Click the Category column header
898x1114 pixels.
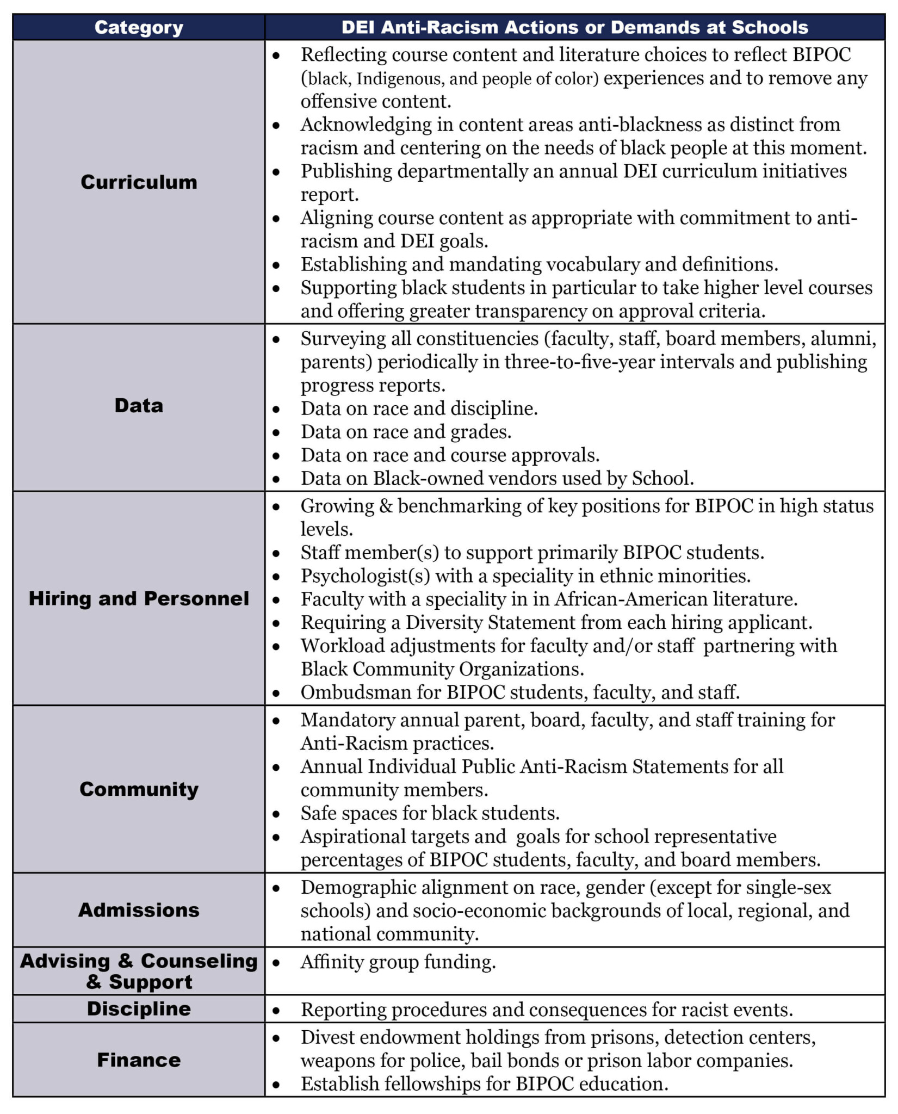(139, 27)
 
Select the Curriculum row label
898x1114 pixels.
(139, 182)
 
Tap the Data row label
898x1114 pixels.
(139, 405)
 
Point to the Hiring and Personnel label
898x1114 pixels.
(139, 598)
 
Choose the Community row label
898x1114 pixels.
(139, 789)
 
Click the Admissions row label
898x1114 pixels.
(139, 910)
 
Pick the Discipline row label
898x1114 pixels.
(139, 1008)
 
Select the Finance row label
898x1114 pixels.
(139, 1060)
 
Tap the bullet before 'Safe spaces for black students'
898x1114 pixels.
(276, 814)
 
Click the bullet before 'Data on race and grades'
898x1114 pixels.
(276, 433)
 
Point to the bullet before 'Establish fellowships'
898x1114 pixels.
(276, 1085)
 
